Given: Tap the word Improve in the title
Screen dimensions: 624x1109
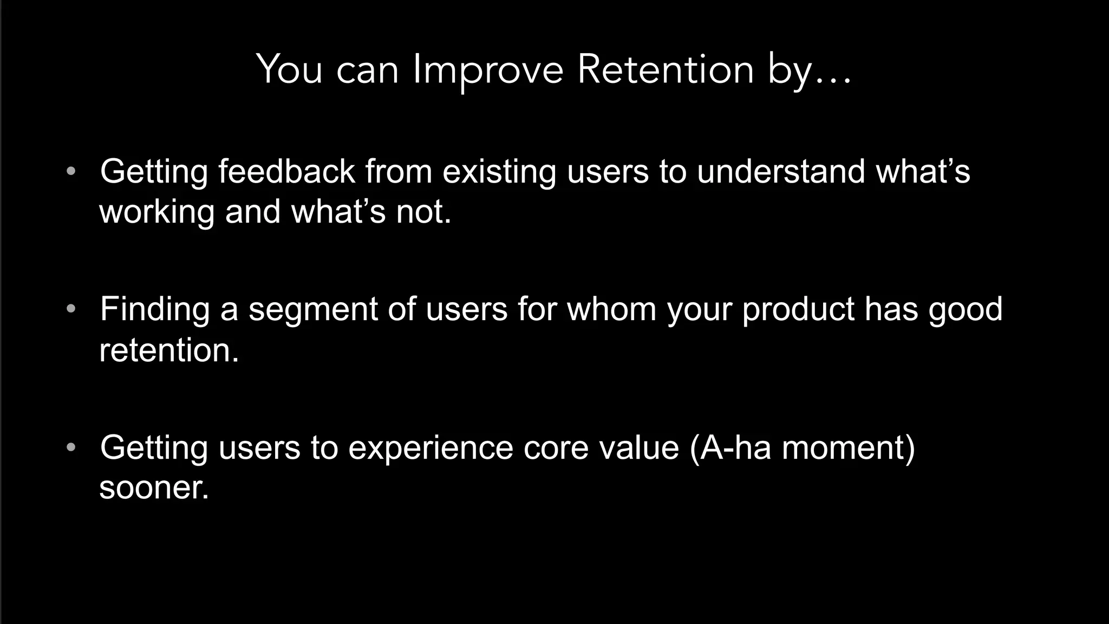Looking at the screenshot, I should click(x=488, y=70).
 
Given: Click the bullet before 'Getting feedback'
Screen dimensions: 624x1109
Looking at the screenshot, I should click(x=71, y=172).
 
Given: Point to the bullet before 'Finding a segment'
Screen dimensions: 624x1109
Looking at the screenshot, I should click(x=71, y=309).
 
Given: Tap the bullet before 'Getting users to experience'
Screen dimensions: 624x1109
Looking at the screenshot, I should click(x=71, y=448).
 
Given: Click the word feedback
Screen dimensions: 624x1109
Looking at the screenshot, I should click(x=286, y=171).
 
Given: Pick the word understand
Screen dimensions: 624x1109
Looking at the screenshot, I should click(x=781, y=171).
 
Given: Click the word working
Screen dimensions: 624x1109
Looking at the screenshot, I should click(x=157, y=212).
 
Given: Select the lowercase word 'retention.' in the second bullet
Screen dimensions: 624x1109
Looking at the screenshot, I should click(x=169, y=350).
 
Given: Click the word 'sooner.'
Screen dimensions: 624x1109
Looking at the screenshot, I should click(x=154, y=487).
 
